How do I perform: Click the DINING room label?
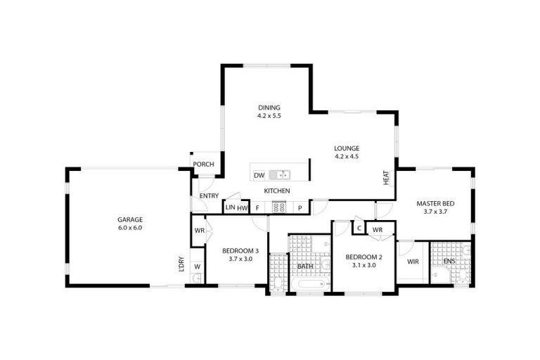(269, 108)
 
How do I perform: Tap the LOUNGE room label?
(347, 148)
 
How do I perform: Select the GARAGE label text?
(130, 219)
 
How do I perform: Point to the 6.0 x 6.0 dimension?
(130, 228)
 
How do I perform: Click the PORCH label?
(204, 165)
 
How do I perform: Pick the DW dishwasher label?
(259, 175)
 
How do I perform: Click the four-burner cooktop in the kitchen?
(279, 207)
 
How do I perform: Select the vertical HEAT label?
(386, 178)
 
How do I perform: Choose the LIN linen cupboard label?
(229, 207)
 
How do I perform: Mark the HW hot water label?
(242, 207)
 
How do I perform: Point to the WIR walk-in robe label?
(413, 262)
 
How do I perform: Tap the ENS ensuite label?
(449, 262)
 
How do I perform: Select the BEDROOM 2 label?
(364, 257)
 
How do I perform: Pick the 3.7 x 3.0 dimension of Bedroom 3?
(240, 259)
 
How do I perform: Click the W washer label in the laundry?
(197, 266)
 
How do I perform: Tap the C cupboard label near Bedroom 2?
(359, 229)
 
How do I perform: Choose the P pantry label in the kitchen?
(300, 207)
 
